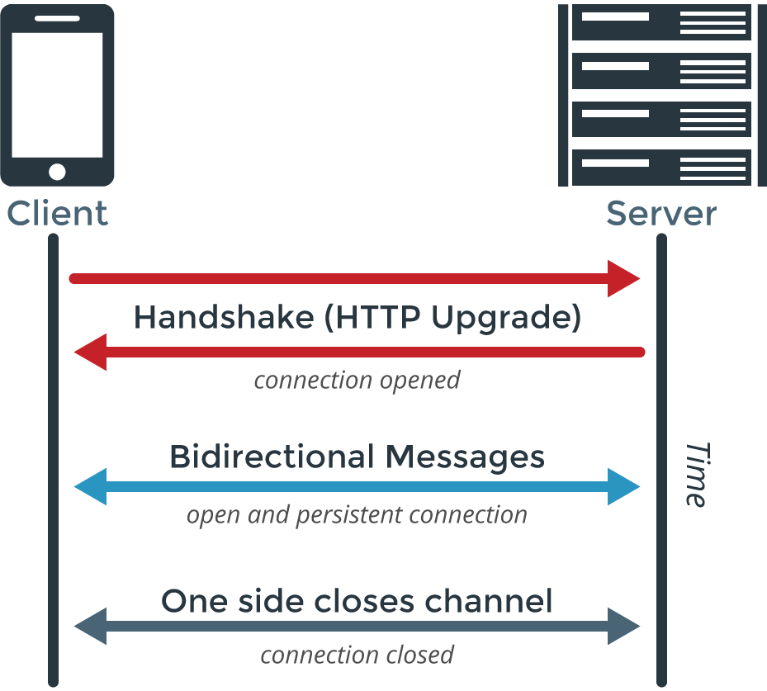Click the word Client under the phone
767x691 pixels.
tap(57, 214)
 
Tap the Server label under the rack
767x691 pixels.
tap(661, 214)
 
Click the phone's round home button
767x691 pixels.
tap(57, 172)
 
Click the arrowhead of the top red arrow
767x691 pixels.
tap(624, 278)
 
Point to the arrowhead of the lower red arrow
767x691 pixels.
tap(90, 353)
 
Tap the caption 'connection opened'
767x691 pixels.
tap(357, 381)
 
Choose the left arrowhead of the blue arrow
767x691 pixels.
tap(90, 487)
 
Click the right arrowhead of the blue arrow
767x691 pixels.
tap(624, 487)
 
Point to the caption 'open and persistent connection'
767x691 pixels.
tap(357, 515)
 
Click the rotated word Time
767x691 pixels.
tap(696, 475)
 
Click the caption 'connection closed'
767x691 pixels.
tap(357, 656)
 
